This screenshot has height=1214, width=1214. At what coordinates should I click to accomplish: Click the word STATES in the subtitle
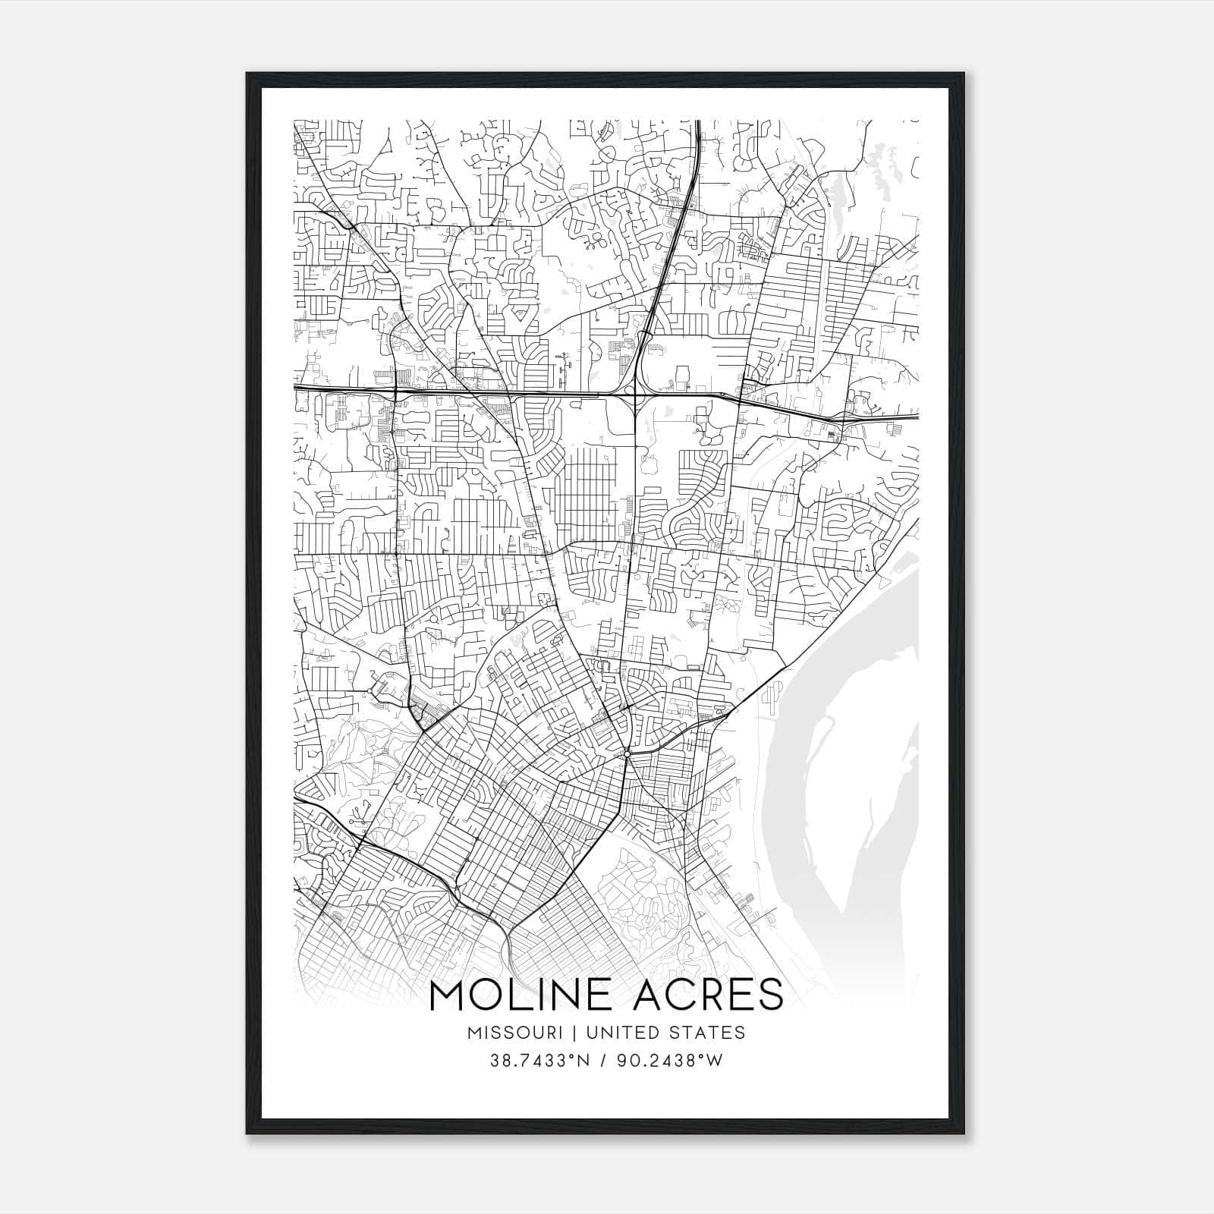(x=707, y=1033)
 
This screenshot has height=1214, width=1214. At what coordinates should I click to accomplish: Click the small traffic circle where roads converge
(x=627, y=753)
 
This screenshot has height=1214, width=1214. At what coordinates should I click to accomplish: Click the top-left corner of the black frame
(x=248, y=74)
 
